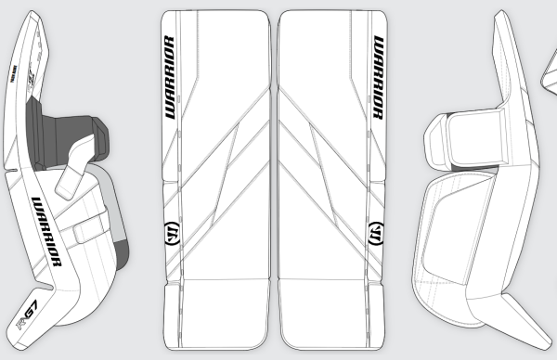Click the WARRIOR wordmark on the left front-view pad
(x=170, y=79)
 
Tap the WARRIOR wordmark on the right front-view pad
(x=379, y=79)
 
